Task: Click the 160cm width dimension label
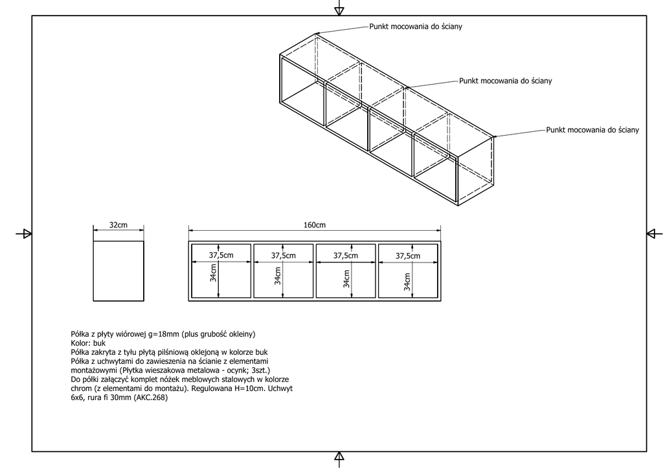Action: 315,225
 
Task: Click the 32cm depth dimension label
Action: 118,225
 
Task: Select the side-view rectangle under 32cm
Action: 118,271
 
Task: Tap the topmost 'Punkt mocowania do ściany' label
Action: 416,27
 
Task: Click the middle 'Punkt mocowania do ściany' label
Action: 506,81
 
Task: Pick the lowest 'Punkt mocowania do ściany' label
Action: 592,130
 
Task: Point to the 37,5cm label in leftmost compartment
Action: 220,255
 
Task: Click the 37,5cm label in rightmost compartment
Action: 409,256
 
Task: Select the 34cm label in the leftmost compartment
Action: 213,275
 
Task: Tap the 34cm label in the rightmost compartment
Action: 406,282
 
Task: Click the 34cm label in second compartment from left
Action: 277,277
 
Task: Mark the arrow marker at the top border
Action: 339,9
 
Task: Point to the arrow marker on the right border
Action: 653,233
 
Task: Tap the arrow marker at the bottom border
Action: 339,458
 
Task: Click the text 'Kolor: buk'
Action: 87,343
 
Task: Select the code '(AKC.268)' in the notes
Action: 151,398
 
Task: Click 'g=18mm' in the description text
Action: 162,334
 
